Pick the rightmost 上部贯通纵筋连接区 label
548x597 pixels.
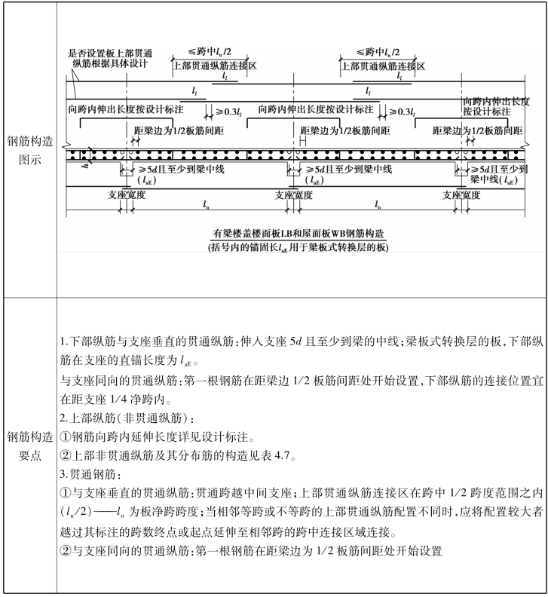pos(383,66)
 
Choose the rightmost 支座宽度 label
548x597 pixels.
pos(461,194)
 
